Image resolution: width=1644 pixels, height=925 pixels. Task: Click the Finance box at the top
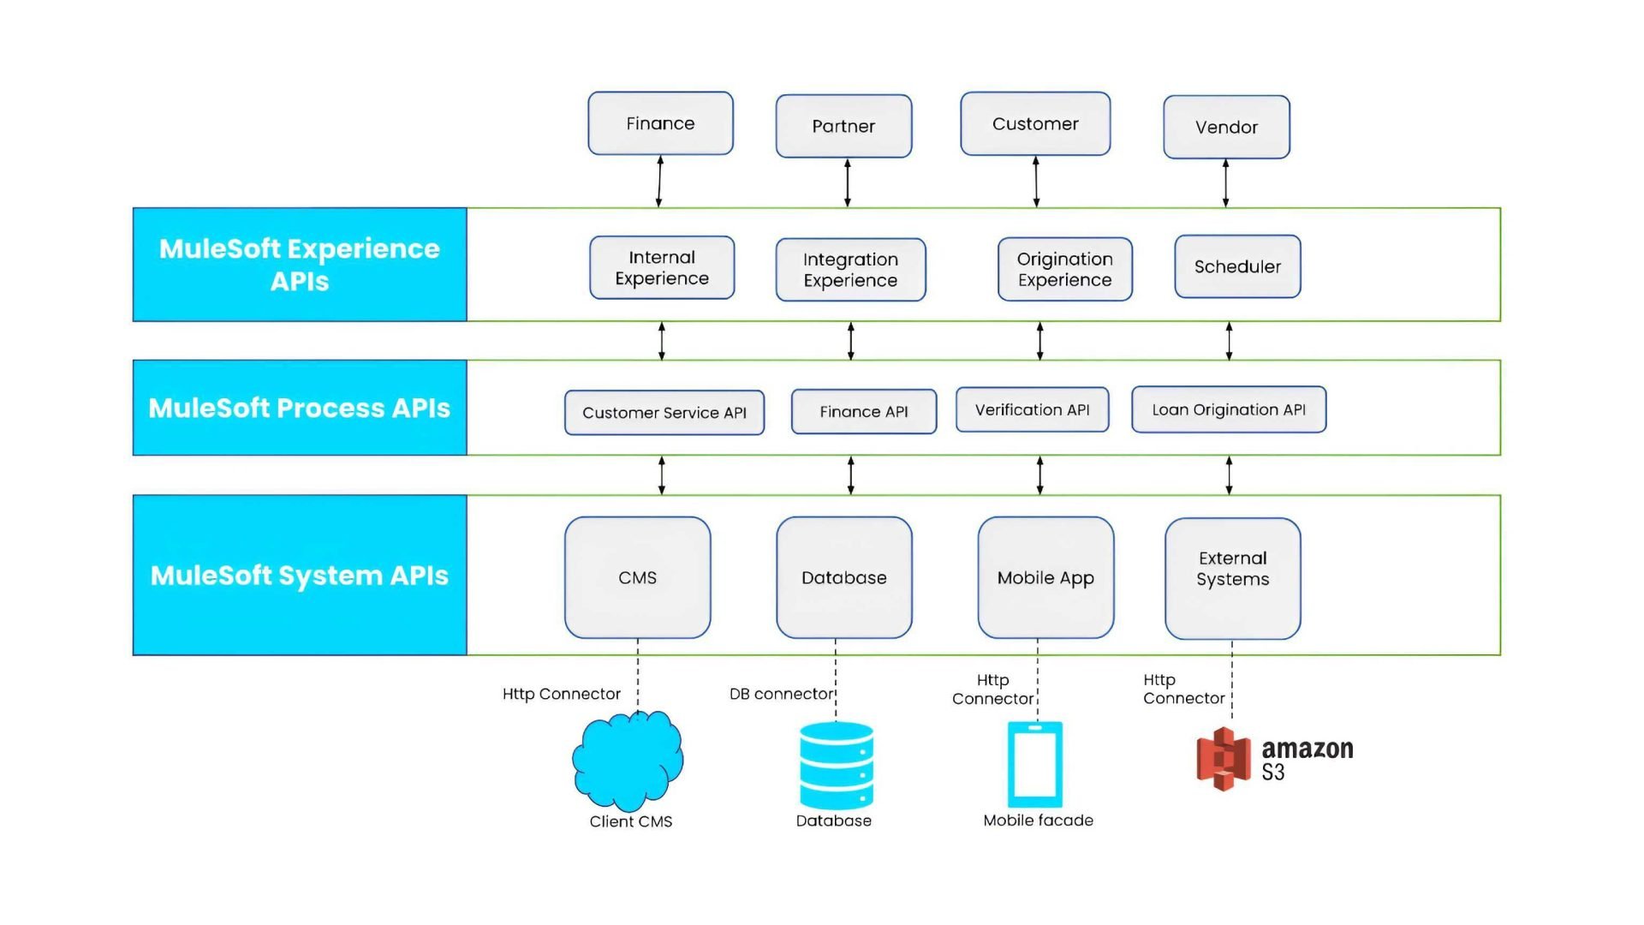(x=660, y=123)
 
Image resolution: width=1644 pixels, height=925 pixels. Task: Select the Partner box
(x=843, y=126)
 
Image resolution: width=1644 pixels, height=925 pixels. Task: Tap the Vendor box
(x=1226, y=127)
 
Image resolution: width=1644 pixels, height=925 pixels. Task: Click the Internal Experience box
(x=662, y=267)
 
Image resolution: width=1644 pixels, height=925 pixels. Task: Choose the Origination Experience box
(x=1064, y=269)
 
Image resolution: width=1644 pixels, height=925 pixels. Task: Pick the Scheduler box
(x=1237, y=266)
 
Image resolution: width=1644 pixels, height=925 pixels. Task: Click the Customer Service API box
(x=664, y=412)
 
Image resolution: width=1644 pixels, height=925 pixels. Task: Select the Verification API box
(x=1032, y=409)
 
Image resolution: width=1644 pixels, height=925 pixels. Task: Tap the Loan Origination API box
(x=1229, y=409)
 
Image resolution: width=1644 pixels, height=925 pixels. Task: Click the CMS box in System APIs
(x=637, y=577)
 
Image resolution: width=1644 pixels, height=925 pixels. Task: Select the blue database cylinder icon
(x=836, y=766)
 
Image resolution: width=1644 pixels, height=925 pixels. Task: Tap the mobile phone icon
(x=1034, y=763)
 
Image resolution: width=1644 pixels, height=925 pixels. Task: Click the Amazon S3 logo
(x=1273, y=759)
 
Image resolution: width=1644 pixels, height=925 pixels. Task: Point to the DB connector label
(x=781, y=694)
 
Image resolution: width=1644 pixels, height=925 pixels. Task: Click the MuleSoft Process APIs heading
(x=300, y=408)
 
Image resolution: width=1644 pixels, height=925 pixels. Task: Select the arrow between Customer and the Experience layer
(x=1036, y=182)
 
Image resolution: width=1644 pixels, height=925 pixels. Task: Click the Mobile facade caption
(x=1038, y=821)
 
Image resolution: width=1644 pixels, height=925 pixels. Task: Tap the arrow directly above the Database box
(x=850, y=475)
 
